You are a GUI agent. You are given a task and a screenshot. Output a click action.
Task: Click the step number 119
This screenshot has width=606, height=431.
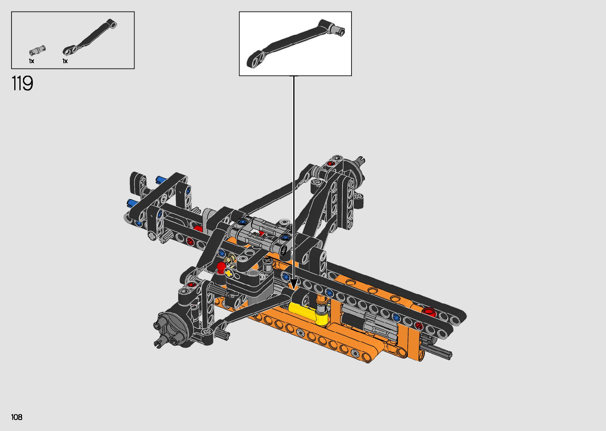pyautogui.click(x=22, y=83)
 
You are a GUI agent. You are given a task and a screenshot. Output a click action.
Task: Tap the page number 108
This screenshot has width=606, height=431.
pyautogui.click(x=17, y=417)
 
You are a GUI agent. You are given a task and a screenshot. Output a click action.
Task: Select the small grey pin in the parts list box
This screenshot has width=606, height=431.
pyautogui.click(x=37, y=50)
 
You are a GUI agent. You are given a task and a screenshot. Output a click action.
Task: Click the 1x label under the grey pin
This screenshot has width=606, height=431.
pyautogui.click(x=32, y=61)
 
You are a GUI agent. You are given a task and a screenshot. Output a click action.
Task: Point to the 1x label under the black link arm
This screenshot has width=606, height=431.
pyautogui.click(x=65, y=61)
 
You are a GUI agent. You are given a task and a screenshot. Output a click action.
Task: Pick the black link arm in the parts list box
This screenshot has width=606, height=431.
pyautogui.click(x=89, y=37)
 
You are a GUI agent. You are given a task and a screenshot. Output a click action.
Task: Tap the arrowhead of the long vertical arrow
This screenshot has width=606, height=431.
pyautogui.click(x=294, y=284)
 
